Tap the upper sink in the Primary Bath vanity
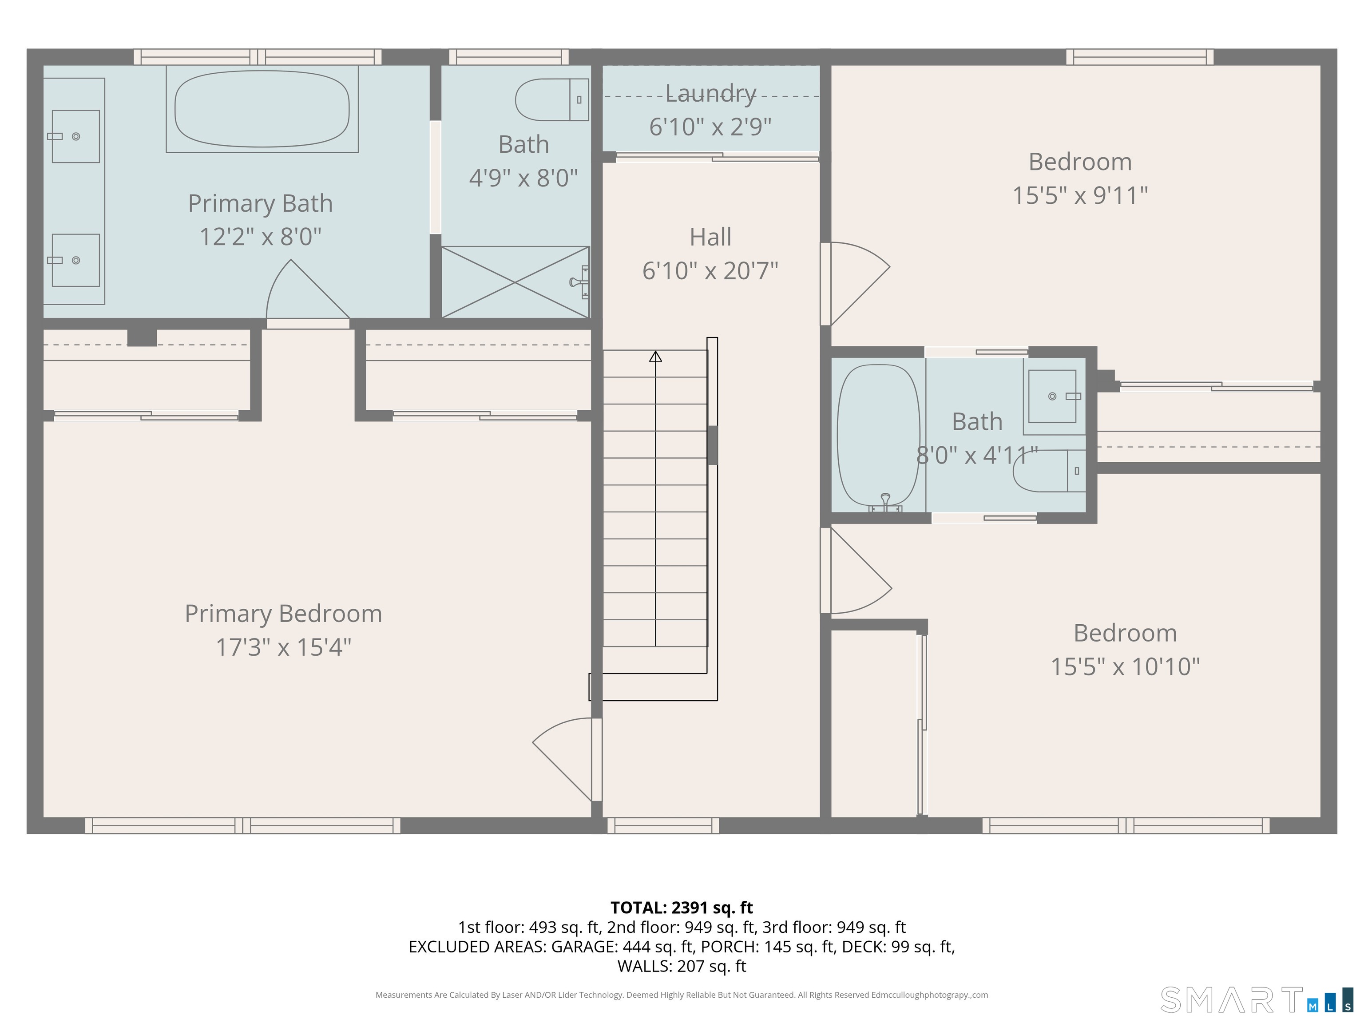coord(75,136)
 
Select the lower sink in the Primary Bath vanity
coord(75,260)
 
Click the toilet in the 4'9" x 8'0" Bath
coord(551,99)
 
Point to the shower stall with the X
coord(515,282)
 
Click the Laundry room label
coord(710,93)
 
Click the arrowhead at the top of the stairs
coord(655,357)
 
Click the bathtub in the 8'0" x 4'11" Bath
coord(878,434)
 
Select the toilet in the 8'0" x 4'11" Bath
coord(1048,471)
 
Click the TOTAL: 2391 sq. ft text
coord(682,908)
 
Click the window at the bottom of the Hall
coord(663,825)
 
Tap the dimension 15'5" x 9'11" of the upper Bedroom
coord(1080,195)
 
